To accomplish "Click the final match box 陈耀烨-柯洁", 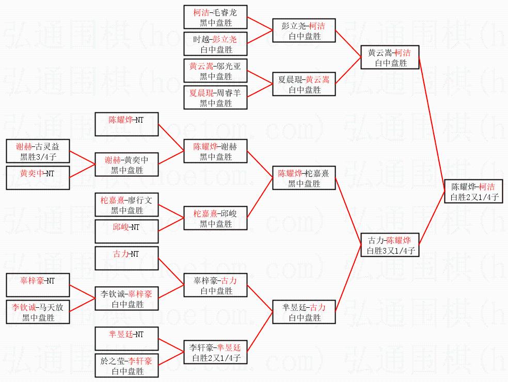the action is point(473,191).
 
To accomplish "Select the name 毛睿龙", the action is point(226,12).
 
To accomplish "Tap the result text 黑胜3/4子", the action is point(38,157).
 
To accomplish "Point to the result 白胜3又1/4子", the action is point(391,251).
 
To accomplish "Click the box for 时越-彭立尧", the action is point(215,44).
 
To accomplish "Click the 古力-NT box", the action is point(126,258).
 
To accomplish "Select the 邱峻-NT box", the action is point(126,231).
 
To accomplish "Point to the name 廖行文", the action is point(140,200).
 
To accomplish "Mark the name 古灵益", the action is point(47,147).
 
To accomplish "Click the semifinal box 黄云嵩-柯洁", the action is point(390,57).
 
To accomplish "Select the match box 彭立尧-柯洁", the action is point(304,30).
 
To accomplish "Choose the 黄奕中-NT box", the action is point(38,177).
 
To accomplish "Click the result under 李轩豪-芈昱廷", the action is point(216,358).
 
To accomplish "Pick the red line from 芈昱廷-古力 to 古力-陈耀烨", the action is point(348,278).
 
